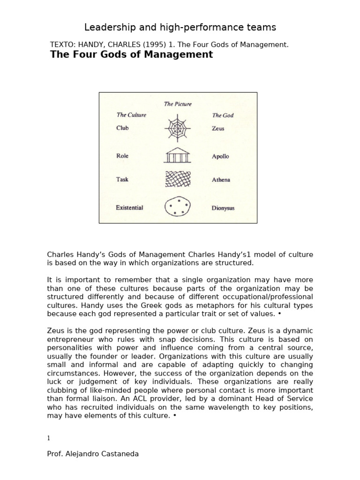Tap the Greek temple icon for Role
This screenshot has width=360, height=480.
pos(177,155)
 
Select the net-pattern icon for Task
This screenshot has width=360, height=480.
pos(177,180)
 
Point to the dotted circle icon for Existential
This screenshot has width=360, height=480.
pos(177,207)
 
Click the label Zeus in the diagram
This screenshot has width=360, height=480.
pos(218,128)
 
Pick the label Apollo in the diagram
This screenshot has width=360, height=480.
pos(220,156)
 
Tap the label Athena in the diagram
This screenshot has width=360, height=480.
pos(221,180)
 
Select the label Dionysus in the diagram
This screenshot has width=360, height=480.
pos(224,208)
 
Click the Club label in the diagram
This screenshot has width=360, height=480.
pos(122,128)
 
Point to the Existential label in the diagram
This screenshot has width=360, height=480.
pos(130,207)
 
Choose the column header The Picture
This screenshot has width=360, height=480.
pos(178,104)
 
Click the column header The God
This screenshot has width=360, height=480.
pos(223,115)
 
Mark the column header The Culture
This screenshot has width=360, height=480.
pos(131,115)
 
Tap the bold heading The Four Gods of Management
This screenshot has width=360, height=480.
pos(131,55)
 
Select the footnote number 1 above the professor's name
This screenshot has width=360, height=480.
pos(48,438)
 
